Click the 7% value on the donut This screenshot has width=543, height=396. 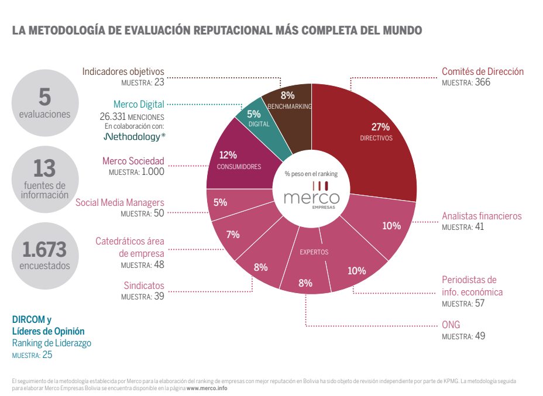[233, 235]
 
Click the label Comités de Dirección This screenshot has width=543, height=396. [482, 72]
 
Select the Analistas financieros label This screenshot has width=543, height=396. [482, 216]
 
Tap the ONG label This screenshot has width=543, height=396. [451, 325]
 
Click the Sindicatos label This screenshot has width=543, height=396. [144, 286]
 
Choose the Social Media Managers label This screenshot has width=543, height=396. [120, 203]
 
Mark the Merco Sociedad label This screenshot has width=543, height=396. [133, 161]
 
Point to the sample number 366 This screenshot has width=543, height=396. [483, 82]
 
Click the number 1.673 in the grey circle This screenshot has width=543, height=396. [44, 250]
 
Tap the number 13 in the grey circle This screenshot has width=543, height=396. [44, 169]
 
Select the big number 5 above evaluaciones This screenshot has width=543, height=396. [44, 95]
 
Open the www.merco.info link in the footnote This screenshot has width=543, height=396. [207, 388]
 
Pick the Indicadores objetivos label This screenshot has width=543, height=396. [123, 72]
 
